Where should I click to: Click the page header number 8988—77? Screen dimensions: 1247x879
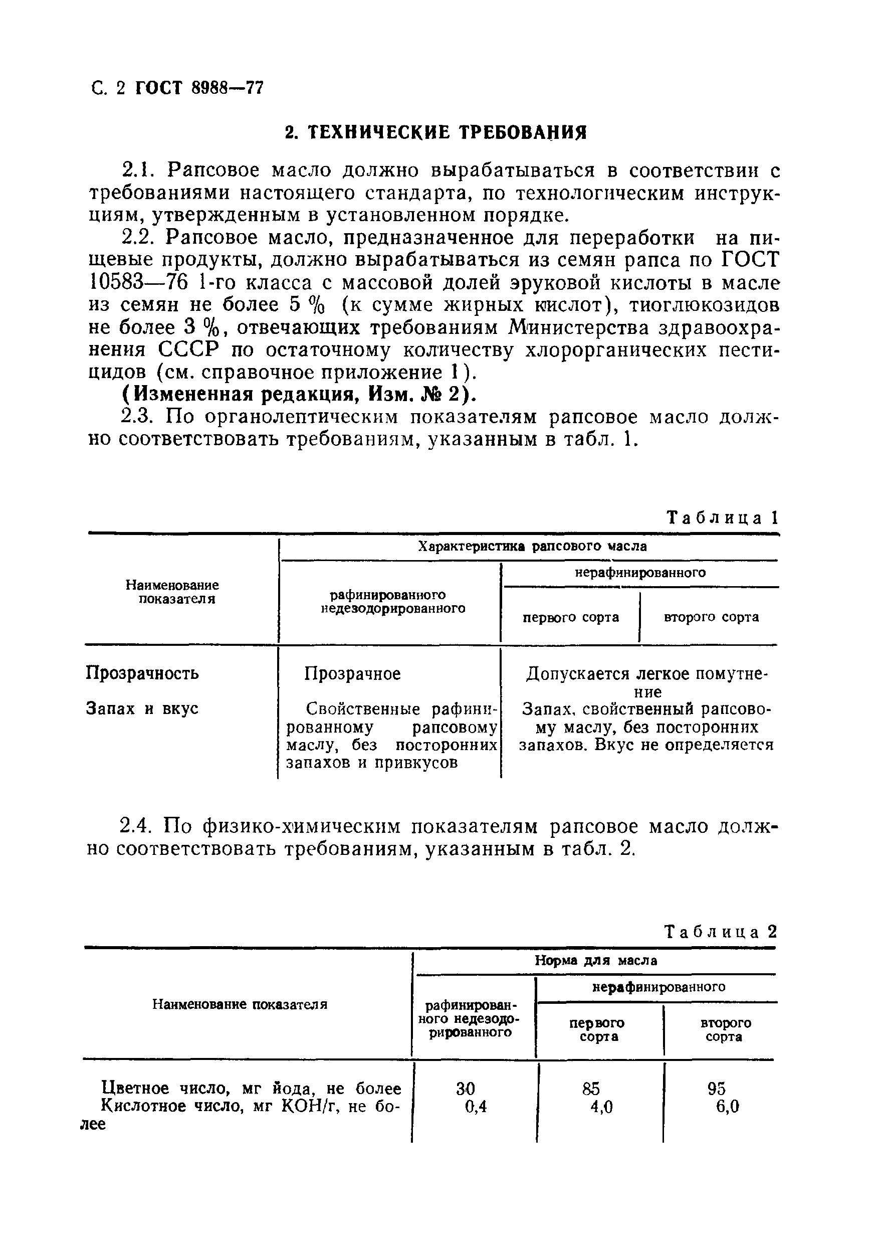coord(228,87)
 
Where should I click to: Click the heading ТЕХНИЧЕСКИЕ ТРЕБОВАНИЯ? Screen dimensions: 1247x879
coord(436,132)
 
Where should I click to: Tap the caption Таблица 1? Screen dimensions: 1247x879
coord(722,517)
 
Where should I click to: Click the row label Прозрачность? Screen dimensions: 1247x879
coord(142,673)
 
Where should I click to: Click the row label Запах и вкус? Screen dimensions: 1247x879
coord(142,709)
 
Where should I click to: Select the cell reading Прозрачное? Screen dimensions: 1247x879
coord(352,674)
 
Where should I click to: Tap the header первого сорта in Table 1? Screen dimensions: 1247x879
coord(570,617)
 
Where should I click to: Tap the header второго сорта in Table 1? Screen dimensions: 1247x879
coord(711,617)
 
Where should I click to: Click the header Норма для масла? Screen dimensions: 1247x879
coord(595,960)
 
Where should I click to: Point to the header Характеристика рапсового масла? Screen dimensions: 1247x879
coord(532,547)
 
